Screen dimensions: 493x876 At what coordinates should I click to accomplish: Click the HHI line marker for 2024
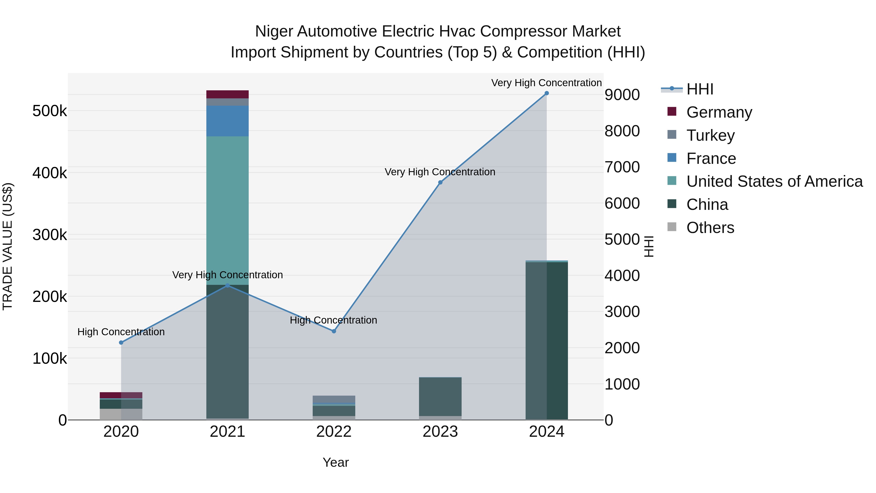(547, 93)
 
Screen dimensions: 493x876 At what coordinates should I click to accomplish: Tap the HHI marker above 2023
(440, 182)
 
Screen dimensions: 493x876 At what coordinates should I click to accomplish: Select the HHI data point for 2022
(334, 331)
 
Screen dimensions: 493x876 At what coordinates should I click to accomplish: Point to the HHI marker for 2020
(121, 343)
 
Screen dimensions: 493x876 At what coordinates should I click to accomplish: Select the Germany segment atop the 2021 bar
(228, 94)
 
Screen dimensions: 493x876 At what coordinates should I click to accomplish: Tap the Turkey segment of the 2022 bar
(334, 399)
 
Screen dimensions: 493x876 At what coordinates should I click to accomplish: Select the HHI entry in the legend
(700, 89)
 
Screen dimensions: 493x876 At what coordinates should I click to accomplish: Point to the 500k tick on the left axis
(50, 111)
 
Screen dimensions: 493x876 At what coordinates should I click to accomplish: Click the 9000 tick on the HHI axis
(622, 95)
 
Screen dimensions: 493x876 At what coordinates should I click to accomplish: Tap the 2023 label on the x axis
(440, 432)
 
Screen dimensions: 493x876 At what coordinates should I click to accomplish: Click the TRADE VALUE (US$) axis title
(8, 246)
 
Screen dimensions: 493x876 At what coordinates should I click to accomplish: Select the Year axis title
(336, 462)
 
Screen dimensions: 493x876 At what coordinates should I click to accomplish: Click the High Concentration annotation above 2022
(333, 320)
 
